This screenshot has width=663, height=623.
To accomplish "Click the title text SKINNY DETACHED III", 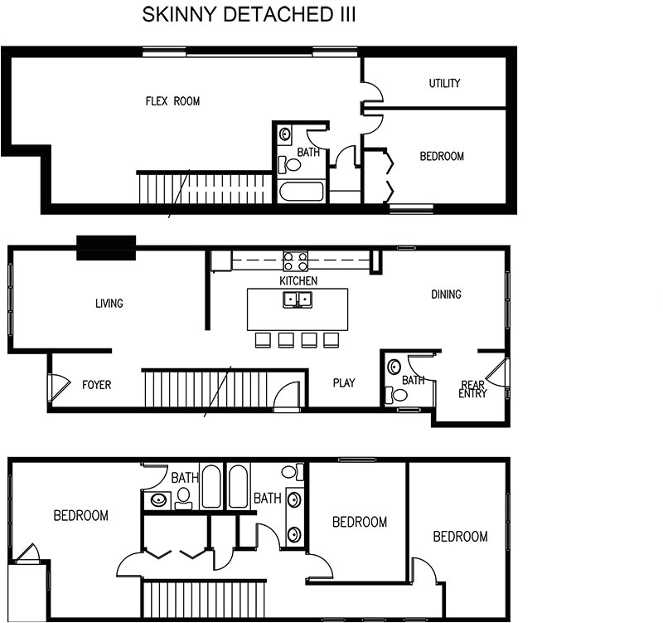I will click(249, 15).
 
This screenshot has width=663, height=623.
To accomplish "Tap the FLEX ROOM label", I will click(172, 102).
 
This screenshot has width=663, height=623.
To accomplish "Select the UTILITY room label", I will click(444, 84).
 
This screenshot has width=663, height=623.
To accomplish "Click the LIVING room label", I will click(109, 304).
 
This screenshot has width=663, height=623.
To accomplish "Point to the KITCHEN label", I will click(298, 281).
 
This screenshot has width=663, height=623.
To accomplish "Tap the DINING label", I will click(446, 294).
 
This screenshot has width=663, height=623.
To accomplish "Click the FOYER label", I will click(96, 385).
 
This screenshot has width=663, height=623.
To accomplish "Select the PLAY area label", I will click(343, 383).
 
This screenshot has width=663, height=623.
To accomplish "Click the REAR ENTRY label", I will click(472, 389).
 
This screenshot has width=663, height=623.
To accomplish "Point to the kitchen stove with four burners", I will click(296, 260).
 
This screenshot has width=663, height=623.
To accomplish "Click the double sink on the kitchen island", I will click(298, 299).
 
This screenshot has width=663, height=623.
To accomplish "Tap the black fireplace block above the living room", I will click(106, 247).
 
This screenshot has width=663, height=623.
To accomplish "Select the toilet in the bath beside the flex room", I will click(291, 164).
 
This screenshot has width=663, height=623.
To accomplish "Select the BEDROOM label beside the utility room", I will click(441, 157).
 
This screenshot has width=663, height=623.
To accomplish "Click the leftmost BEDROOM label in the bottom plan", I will click(80, 516).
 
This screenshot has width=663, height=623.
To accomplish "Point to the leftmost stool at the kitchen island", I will click(264, 339).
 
